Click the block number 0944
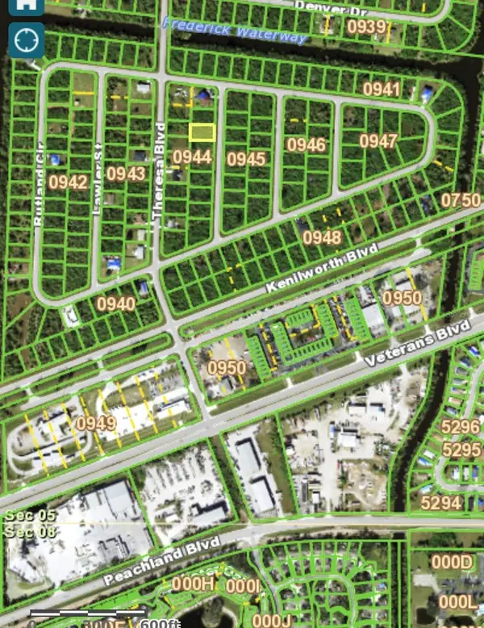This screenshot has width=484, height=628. click(192, 157)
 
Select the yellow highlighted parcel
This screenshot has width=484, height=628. click(202, 132)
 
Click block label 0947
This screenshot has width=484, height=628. click(378, 141)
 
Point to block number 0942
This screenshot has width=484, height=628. click(68, 182)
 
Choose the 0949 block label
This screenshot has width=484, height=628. click(96, 422)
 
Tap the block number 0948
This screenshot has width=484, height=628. click(322, 237)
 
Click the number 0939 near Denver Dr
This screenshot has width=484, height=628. click(367, 27)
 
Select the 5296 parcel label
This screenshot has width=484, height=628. click(461, 426)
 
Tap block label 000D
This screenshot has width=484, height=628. click(451, 563)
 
